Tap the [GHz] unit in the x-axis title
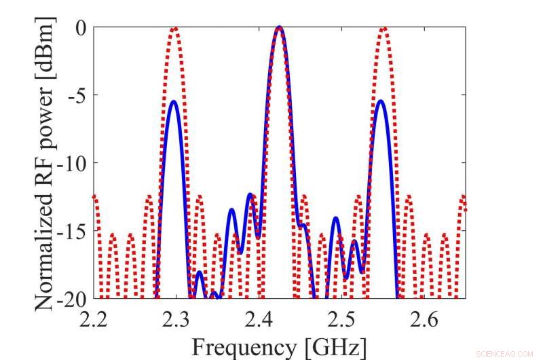pos(337,346)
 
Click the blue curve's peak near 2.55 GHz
pos(380,101)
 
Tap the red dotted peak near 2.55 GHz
pos(384,29)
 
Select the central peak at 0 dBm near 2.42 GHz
pos(280,28)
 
